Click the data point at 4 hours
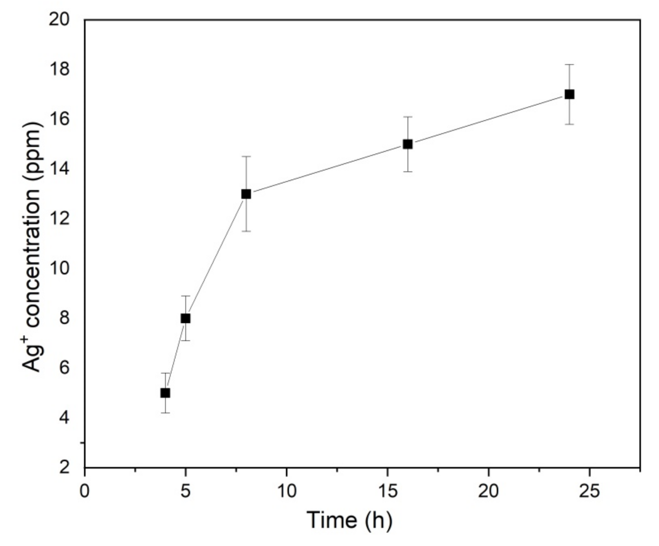click(x=165, y=393)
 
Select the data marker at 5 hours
click(x=185, y=318)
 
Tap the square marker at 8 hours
click(x=246, y=194)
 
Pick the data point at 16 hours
click(x=408, y=144)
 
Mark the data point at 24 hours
click(x=569, y=94)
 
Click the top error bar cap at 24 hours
click(x=569, y=65)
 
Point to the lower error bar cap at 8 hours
click(x=246, y=231)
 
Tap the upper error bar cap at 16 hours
click(x=408, y=117)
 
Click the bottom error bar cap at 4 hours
click(x=165, y=412)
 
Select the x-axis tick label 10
click(x=286, y=491)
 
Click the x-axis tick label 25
click(x=589, y=491)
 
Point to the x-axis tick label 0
click(x=84, y=491)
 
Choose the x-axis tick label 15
click(x=387, y=491)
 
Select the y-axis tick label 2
click(x=65, y=467)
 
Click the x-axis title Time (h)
click(x=350, y=520)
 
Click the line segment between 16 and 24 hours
click(x=489, y=119)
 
